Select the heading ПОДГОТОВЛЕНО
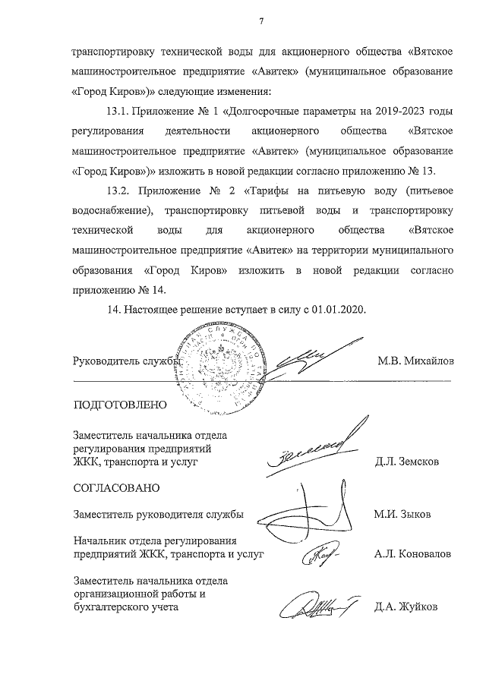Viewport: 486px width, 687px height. click(x=119, y=404)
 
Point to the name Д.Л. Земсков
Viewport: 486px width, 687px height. click(x=406, y=461)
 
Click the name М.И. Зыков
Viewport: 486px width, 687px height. click(x=402, y=514)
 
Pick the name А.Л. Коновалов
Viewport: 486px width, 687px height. click(x=412, y=555)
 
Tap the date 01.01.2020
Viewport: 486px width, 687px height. click(x=340, y=310)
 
